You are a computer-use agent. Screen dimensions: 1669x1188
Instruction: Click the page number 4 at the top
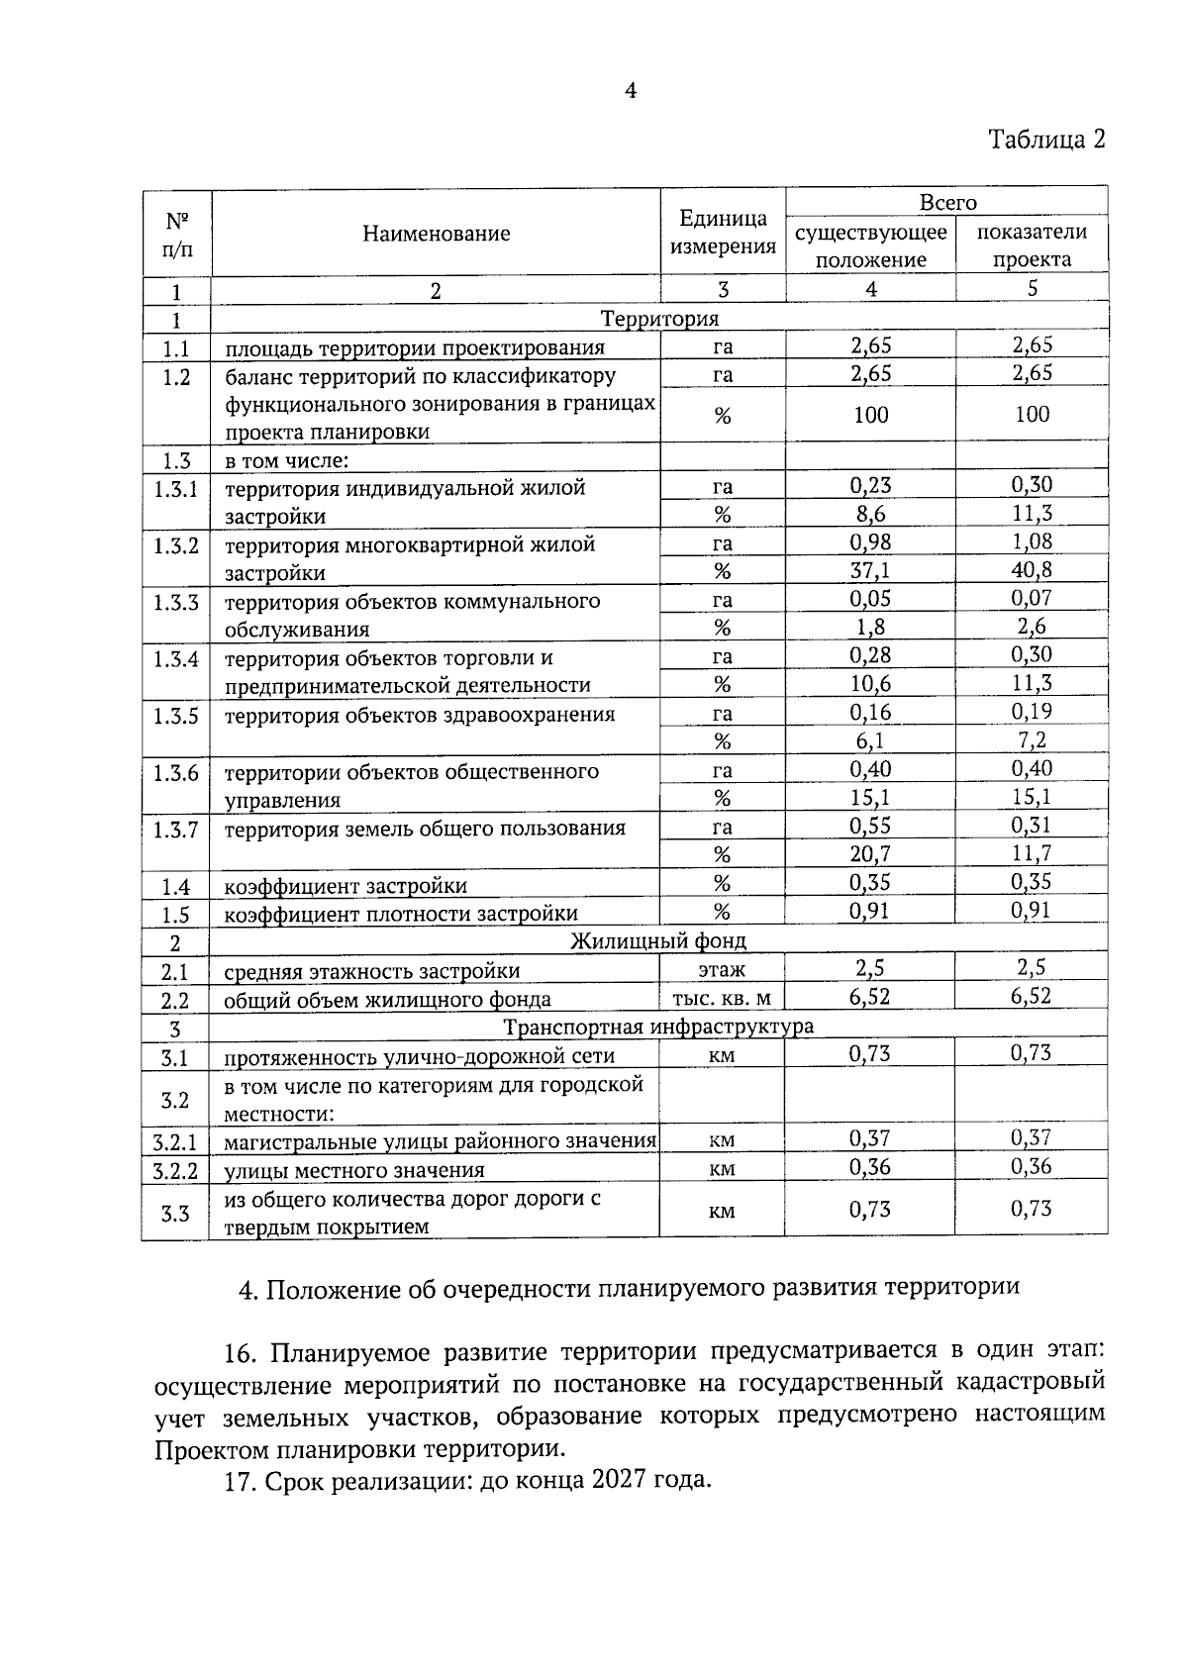pos(630,91)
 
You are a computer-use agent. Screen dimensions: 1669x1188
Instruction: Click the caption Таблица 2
pos(1046,140)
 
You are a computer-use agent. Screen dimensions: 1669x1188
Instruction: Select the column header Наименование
pos(436,234)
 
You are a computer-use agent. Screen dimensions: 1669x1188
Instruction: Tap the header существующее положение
pos(870,245)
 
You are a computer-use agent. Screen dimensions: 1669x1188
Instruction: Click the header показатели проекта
pos(1032,245)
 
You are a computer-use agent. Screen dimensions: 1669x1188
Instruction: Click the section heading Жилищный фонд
pos(658,940)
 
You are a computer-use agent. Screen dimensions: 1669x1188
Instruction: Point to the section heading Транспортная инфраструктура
pos(658,1027)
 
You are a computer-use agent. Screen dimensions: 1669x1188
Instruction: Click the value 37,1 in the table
pos(870,571)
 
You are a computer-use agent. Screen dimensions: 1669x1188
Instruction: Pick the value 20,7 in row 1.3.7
pos(870,854)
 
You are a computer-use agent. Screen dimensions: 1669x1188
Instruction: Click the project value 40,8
pos(1032,570)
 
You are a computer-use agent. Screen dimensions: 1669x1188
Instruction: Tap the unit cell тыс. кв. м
pos(722,999)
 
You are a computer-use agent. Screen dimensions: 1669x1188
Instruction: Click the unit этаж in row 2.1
pos(722,970)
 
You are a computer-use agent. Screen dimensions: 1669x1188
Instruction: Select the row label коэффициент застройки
pos(346,886)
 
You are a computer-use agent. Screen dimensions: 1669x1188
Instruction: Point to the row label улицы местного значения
pos(354,1171)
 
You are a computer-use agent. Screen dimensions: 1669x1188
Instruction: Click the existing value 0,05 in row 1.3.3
pos(870,599)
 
